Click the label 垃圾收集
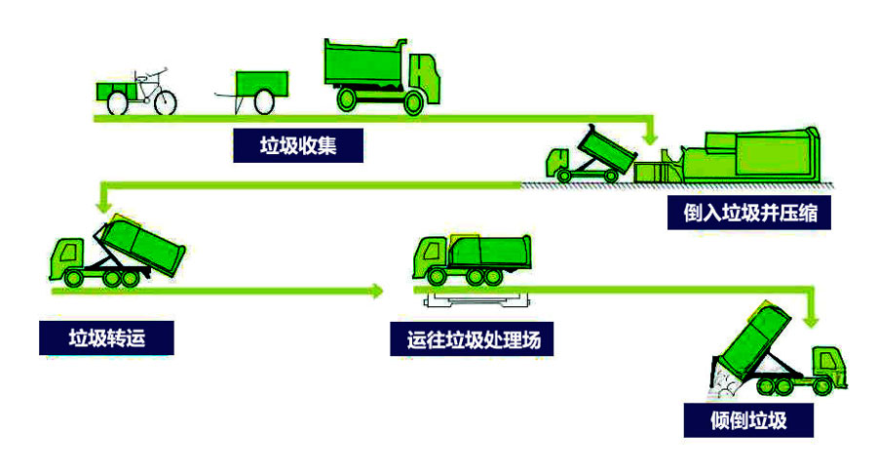[297, 145]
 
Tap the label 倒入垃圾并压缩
[749, 213]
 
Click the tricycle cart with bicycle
[137, 90]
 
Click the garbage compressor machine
[741, 159]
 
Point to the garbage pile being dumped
[723, 385]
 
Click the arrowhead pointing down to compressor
[650, 136]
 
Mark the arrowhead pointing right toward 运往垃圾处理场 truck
[376, 290]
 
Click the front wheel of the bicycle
[166, 99]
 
